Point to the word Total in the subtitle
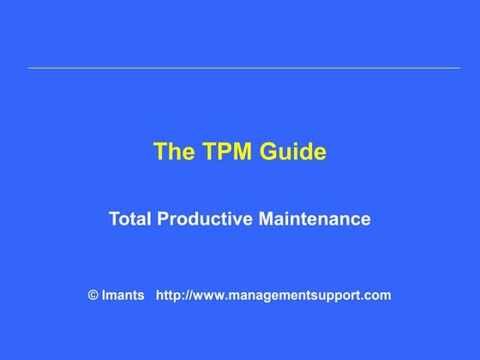(x=130, y=219)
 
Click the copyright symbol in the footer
(x=93, y=296)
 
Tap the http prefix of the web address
(x=168, y=296)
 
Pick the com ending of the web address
(x=377, y=296)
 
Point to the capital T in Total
(x=114, y=219)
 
